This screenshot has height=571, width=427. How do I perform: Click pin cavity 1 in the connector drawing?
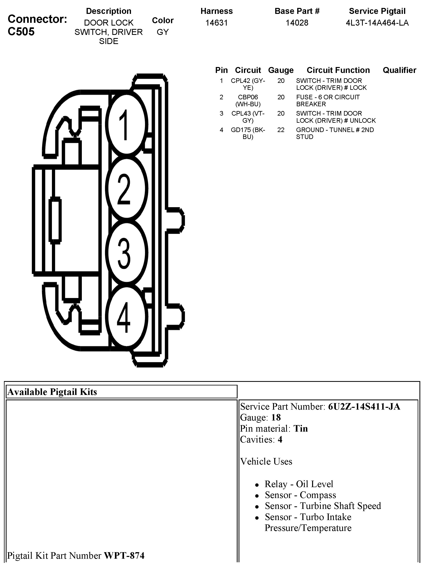[126, 125]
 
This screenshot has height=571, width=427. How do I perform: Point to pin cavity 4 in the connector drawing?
[126, 317]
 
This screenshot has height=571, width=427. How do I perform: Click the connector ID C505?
[21, 32]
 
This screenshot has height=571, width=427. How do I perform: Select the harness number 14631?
[216, 23]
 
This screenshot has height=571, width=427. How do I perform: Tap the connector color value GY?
[162, 32]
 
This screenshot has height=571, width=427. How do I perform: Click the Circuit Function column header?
[338, 70]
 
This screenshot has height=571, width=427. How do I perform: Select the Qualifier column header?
[399, 70]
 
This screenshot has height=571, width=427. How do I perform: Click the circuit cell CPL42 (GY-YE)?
[248, 84]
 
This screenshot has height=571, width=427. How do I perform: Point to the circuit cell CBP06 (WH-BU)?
[248, 101]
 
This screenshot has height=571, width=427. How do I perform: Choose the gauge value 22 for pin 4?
[281, 130]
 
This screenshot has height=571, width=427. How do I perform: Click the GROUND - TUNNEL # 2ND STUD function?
[335, 133]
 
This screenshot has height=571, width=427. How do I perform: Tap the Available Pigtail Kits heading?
[52, 392]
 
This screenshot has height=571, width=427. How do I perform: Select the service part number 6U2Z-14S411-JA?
[364, 407]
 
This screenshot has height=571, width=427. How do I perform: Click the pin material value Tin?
[301, 428]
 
